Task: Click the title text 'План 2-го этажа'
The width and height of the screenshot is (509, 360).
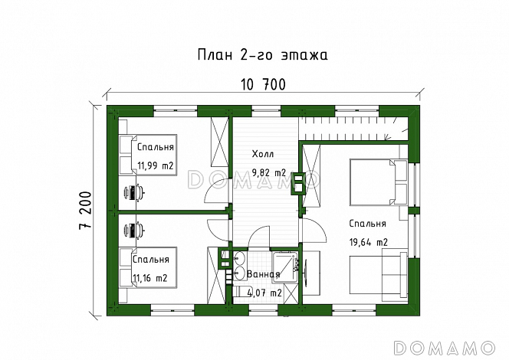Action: click(263, 55)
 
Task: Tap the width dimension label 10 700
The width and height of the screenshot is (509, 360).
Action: click(263, 87)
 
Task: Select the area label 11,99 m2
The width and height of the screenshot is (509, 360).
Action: click(156, 165)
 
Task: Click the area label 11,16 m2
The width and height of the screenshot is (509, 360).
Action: click(150, 277)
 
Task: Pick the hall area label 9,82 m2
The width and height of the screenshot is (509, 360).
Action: click(268, 172)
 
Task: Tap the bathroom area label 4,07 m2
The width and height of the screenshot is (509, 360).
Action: click(264, 292)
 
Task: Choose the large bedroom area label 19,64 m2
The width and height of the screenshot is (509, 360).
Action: click(369, 242)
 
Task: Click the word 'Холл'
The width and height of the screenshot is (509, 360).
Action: click(263, 154)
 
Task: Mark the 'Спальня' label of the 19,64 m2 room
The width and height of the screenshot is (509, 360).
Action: click(366, 224)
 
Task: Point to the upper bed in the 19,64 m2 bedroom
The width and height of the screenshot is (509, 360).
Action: click(375, 182)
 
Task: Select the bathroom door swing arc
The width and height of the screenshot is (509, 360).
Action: click(259, 235)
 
